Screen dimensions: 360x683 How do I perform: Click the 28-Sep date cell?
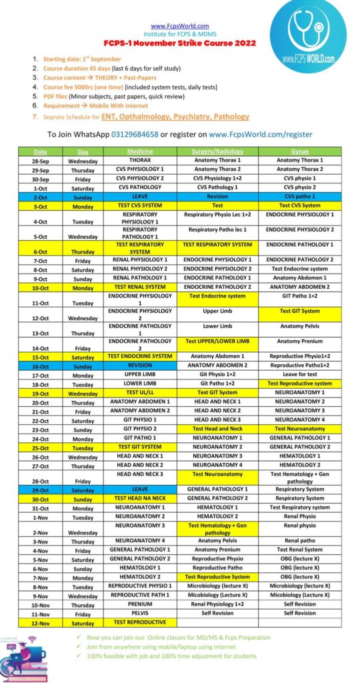39,161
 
